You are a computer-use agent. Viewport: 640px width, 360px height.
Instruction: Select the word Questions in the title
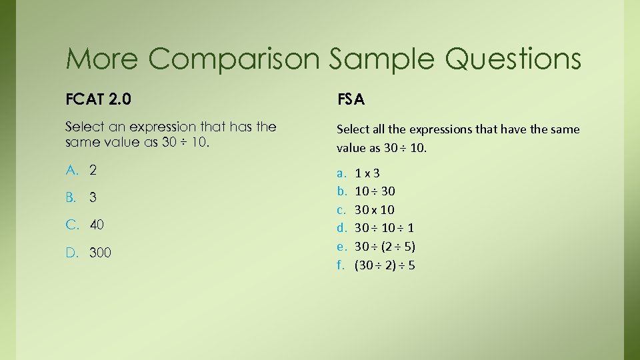pos(513,59)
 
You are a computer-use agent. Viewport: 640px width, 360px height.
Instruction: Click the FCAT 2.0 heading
pos(98,100)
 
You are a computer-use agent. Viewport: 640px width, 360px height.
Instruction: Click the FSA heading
pos(351,100)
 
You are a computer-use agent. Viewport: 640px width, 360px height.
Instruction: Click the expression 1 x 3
pos(367,173)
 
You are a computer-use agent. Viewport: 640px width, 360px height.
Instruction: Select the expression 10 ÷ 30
pos(375,191)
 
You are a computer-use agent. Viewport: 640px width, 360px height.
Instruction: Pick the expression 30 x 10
pos(375,210)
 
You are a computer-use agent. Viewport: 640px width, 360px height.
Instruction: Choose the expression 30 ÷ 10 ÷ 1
pos(385,228)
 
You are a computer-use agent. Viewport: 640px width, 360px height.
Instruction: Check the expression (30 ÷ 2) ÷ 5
pos(385,265)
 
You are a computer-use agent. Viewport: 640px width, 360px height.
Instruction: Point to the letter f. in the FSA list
pos(340,265)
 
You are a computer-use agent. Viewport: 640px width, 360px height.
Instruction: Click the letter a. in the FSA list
pos(341,173)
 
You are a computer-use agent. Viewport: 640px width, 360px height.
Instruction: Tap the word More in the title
pos(102,59)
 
